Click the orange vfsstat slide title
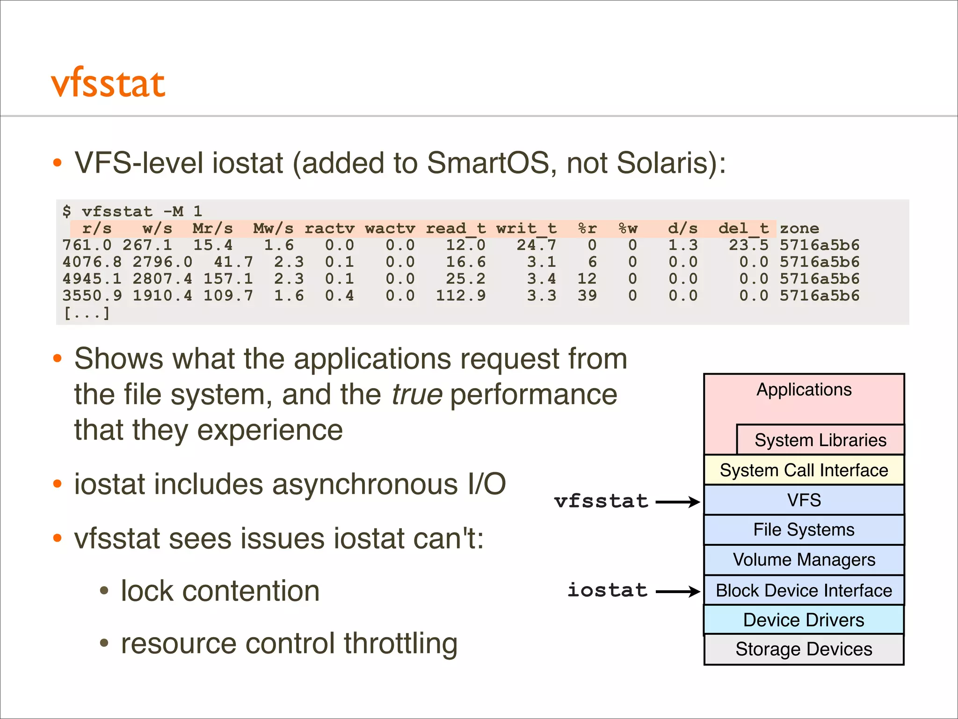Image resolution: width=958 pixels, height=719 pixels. (x=108, y=84)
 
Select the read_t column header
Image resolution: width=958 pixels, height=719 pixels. (x=456, y=228)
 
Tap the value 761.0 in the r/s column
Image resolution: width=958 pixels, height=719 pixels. (x=87, y=245)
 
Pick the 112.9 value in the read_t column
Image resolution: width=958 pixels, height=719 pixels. (x=461, y=295)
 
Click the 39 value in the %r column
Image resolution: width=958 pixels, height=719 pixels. (x=587, y=295)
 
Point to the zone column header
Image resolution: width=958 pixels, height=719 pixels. (x=799, y=228)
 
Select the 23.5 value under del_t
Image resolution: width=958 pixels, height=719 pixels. (x=748, y=245)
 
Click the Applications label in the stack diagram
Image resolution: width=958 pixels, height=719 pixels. (x=804, y=390)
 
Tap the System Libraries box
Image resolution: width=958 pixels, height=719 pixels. (x=820, y=440)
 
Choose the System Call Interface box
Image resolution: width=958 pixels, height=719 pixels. (x=804, y=470)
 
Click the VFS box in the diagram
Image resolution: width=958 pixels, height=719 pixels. (x=804, y=500)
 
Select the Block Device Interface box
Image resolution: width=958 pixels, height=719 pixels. (x=804, y=590)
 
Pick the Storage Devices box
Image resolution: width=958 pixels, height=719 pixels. (x=804, y=649)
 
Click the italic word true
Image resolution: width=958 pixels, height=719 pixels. (x=417, y=395)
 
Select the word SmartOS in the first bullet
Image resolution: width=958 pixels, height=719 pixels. (x=488, y=163)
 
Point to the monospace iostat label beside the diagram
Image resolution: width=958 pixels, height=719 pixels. (x=607, y=590)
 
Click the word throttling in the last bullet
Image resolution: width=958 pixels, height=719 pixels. (x=400, y=644)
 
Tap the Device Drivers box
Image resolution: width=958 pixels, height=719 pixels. (x=804, y=620)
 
